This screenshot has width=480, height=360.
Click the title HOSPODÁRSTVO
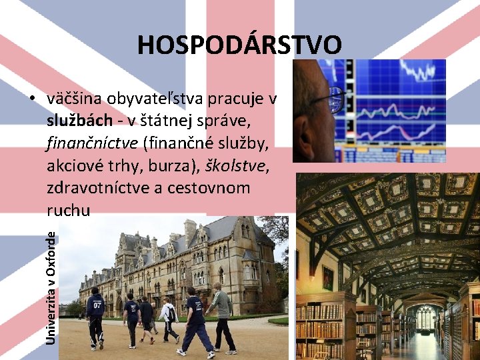239,45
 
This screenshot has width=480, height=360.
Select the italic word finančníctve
91,143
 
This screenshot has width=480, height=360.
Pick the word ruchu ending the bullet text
68,210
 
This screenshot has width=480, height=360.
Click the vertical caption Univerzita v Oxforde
51,283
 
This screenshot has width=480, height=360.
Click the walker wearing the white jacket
167,319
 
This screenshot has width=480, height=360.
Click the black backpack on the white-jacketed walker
171,313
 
